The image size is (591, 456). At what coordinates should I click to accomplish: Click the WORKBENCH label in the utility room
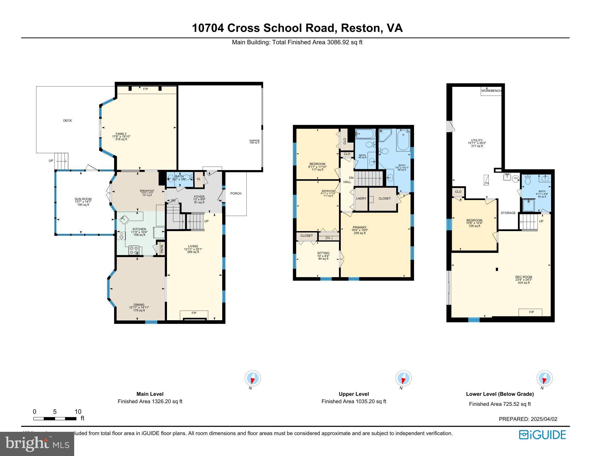(491, 91)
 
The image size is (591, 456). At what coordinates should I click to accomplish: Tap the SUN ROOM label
(83, 199)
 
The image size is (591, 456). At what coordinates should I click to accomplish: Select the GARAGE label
(254, 140)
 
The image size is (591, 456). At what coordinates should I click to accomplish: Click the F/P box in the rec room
(530, 312)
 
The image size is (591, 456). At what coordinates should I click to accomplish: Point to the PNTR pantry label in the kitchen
(162, 248)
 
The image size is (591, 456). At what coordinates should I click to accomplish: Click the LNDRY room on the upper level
(361, 199)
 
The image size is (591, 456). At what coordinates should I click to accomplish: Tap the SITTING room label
(323, 253)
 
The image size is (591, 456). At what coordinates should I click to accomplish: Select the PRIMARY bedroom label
(359, 228)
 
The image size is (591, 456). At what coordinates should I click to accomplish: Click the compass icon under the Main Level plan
(253, 378)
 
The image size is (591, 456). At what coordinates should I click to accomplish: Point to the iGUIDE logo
(542, 435)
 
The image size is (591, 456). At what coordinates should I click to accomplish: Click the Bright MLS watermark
(37, 444)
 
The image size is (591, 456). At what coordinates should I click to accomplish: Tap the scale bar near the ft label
(55, 419)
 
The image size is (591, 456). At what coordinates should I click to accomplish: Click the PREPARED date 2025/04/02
(528, 419)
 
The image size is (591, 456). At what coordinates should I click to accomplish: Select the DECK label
(67, 120)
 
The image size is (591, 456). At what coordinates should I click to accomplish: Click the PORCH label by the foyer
(236, 194)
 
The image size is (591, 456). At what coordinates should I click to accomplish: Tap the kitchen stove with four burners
(134, 250)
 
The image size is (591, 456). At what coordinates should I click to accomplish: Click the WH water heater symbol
(516, 178)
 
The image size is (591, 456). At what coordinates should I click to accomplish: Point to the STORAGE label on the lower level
(508, 213)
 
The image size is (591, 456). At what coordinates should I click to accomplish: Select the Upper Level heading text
(354, 394)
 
